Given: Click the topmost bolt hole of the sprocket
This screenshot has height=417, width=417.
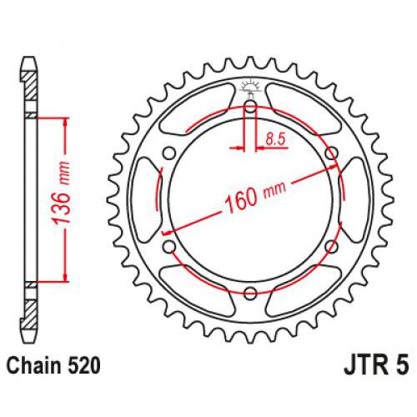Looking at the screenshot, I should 251,106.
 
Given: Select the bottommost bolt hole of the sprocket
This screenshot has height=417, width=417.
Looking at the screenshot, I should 251,291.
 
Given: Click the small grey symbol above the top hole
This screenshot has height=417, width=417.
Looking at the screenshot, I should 251,87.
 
